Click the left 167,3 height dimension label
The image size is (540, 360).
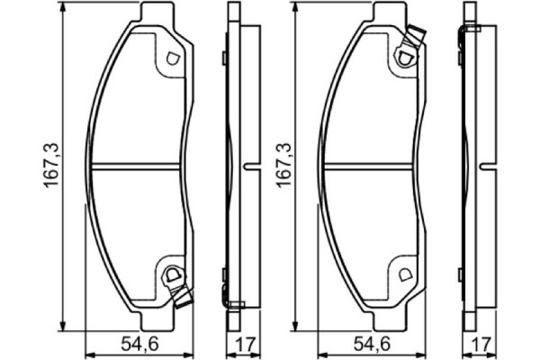coord(51,168)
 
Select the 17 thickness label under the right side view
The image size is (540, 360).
coord(479,343)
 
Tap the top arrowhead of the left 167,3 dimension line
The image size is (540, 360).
coord(63,12)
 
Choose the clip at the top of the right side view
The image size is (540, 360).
coord(465,31)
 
